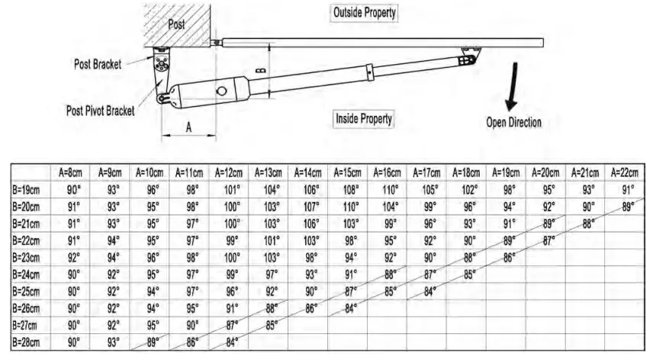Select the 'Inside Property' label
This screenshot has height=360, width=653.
coord(364,118)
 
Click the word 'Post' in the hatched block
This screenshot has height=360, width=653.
coord(177,24)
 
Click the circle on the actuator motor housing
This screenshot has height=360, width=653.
coord(221,91)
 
